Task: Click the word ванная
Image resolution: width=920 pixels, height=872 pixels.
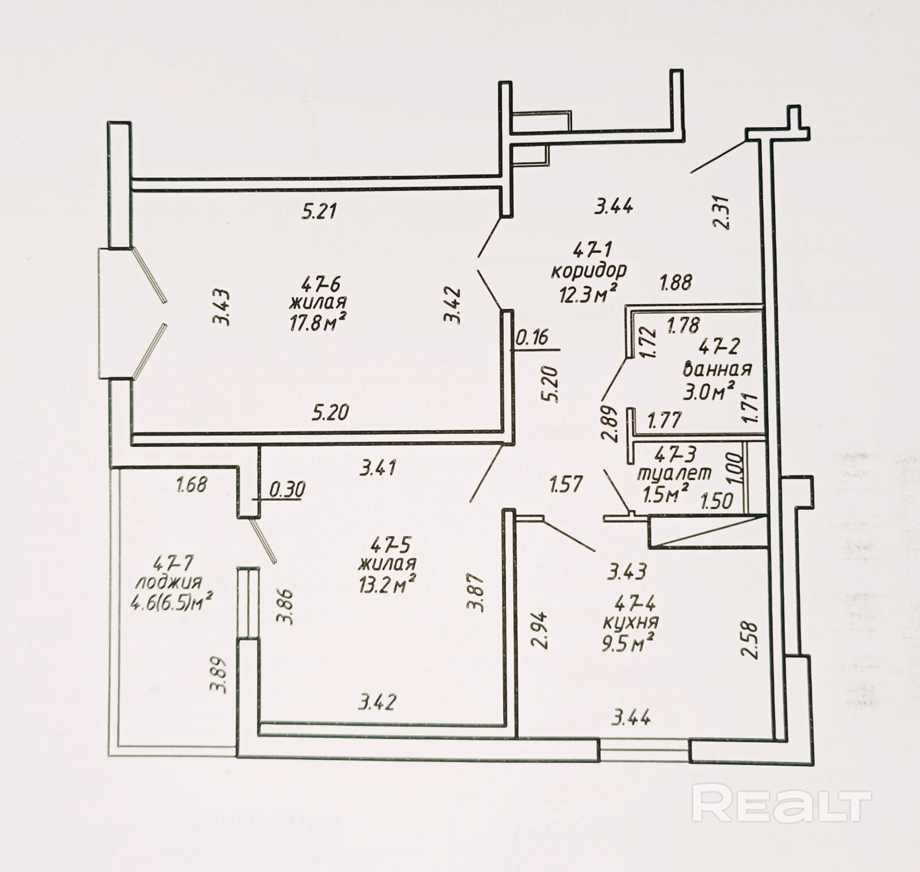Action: [718, 368]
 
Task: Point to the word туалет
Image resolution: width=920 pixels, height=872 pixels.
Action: [674, 473]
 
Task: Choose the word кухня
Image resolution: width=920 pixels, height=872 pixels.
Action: [631, 622]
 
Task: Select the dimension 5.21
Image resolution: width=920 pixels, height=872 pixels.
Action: [319, 212]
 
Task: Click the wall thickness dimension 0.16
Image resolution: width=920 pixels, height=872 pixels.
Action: [532, 338]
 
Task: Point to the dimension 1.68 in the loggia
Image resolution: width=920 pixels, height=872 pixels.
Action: [191, 485]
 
